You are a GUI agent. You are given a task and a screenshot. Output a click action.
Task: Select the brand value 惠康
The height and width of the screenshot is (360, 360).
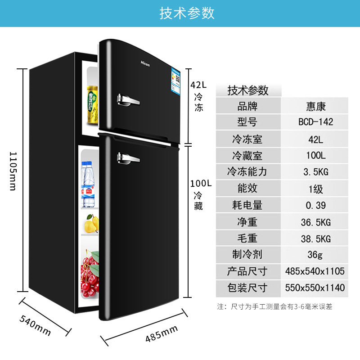tap(315, 107)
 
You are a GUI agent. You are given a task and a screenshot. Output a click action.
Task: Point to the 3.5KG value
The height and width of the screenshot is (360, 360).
tap(315, 172)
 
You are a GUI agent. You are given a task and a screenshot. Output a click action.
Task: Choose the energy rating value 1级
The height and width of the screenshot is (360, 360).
tap(315, 189)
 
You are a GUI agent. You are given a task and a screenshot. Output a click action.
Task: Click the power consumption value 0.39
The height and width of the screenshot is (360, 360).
tap(315, 205)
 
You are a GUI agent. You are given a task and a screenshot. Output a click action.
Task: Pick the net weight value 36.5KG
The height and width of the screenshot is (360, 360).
tap(315, 222)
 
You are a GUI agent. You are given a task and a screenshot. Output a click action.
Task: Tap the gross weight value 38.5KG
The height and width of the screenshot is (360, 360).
tap(315, 238)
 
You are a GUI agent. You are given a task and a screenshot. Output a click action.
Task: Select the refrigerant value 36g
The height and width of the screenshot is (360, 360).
tap(315, 255)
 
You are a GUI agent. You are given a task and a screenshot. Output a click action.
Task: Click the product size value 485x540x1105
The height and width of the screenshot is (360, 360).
tap(315, 271)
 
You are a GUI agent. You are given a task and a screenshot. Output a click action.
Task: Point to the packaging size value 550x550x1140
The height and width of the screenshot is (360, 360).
tap(315, 288)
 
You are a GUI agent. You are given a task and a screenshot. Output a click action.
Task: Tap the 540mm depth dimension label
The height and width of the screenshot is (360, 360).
tap(35, 325)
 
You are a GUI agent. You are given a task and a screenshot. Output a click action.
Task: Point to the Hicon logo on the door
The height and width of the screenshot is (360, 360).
tap(145, 63)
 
